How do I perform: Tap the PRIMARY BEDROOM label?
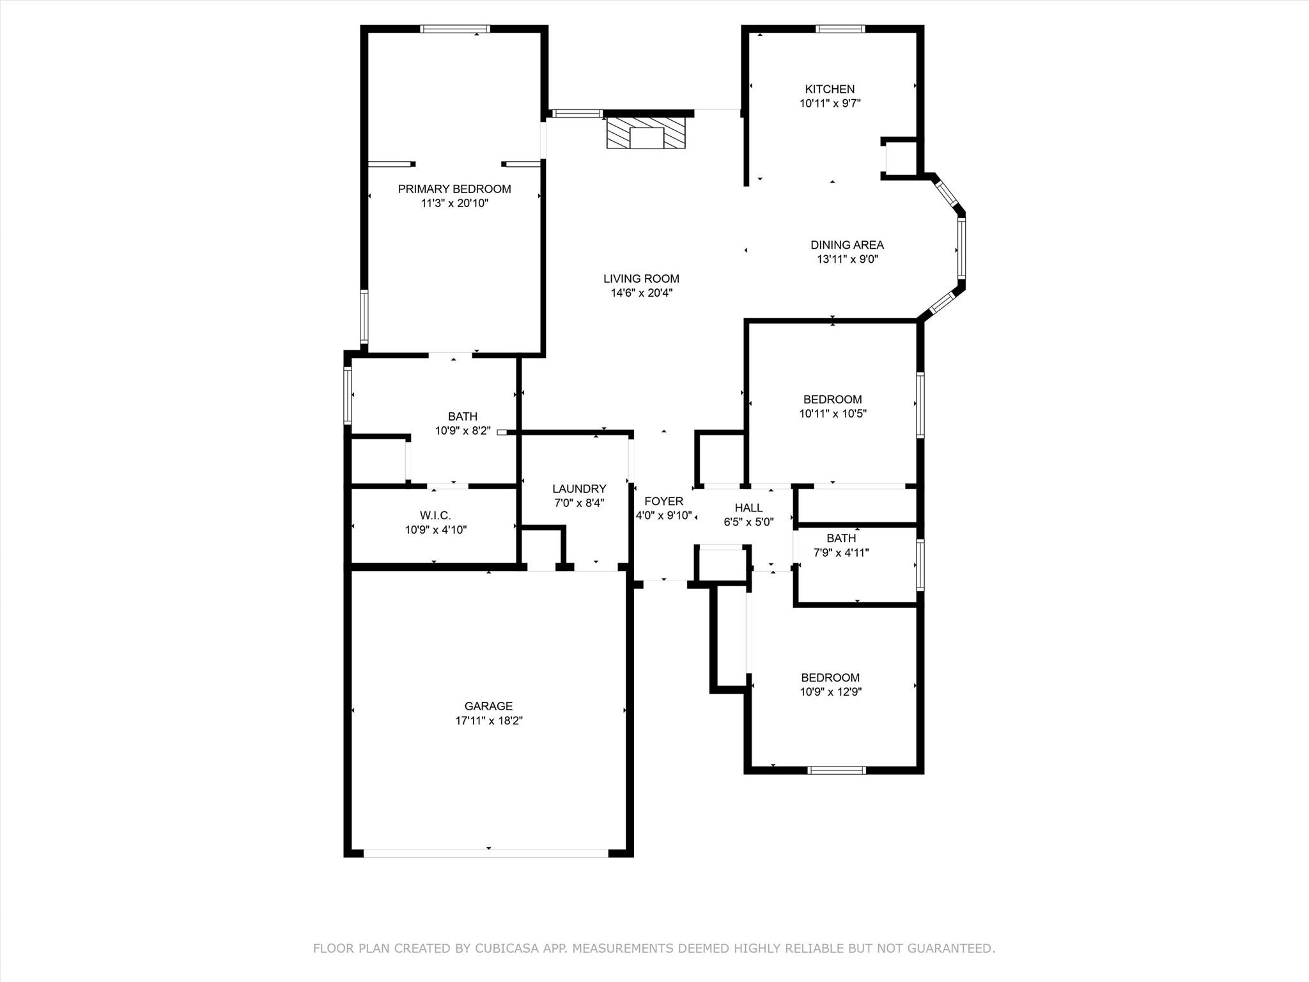[x=454, y=189]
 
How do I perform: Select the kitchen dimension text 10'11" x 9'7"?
[x=830, y=104]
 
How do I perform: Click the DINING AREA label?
[x=847, y=245]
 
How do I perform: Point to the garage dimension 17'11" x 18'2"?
[x=489, y=721]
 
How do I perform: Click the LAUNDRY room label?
[x=579, y=489]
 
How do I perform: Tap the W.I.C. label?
[x=435, y=515]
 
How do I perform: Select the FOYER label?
[x=663, y=502]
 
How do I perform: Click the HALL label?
[x=748, y=508]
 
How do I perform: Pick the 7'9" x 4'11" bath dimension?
[x=840, y=553]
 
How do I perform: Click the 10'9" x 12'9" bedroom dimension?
[x=830, y=692]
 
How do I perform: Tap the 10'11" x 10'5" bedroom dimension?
[x=832, y=414]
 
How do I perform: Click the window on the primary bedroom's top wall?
[x=455, y=29]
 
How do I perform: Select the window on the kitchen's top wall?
[x=840, y=29]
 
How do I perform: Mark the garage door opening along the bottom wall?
[x=486, y=853]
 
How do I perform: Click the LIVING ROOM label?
[x=641, y=279]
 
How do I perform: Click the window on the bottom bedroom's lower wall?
[x=837, y=770]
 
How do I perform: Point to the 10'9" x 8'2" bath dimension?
[x=463, y=431]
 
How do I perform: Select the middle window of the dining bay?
[x=961, y=247]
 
